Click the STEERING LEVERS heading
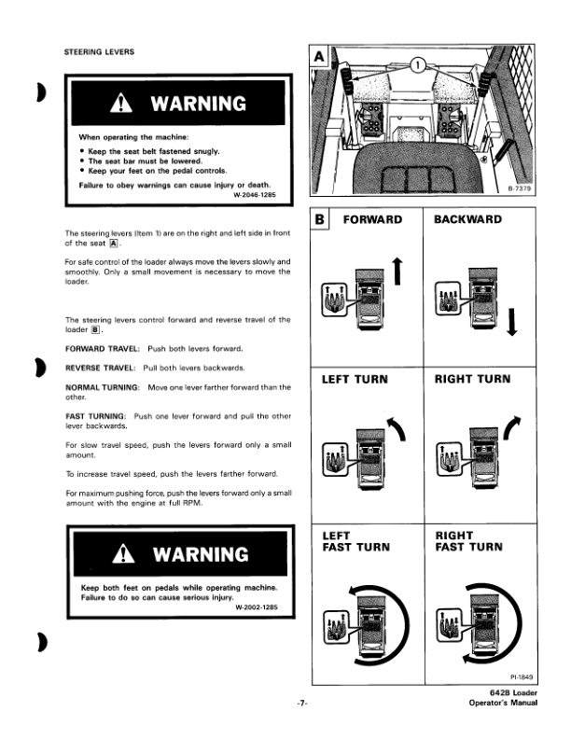tap(97, 51)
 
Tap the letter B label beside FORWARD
tap(321, 221)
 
